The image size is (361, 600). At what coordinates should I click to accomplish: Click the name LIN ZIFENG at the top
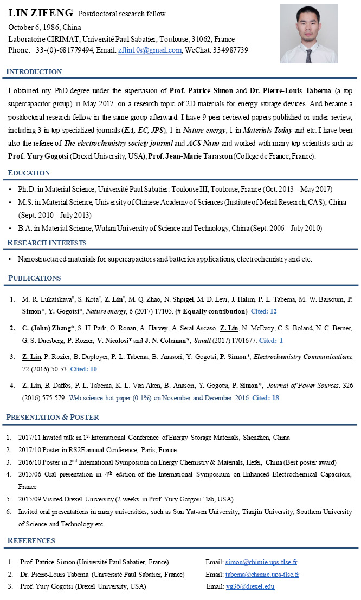tap(40, 12)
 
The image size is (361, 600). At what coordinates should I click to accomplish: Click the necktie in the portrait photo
tap(308, 55)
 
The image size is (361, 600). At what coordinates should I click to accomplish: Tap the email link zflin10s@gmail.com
tap(150, 50)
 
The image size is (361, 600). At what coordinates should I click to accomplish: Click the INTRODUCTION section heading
tap(34, 72)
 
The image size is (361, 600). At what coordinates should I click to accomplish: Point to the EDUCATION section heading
tap(29, 173)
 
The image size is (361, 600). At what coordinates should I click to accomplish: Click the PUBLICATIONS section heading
tap(34, 278)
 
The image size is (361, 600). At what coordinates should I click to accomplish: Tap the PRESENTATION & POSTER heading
tap(53, 417)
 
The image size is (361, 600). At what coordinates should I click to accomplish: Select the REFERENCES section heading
tap(31, 541)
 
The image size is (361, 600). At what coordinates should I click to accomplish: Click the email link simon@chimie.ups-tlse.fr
tap(261, 562)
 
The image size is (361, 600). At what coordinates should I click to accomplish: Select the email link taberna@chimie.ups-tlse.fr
tap(263, 575)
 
